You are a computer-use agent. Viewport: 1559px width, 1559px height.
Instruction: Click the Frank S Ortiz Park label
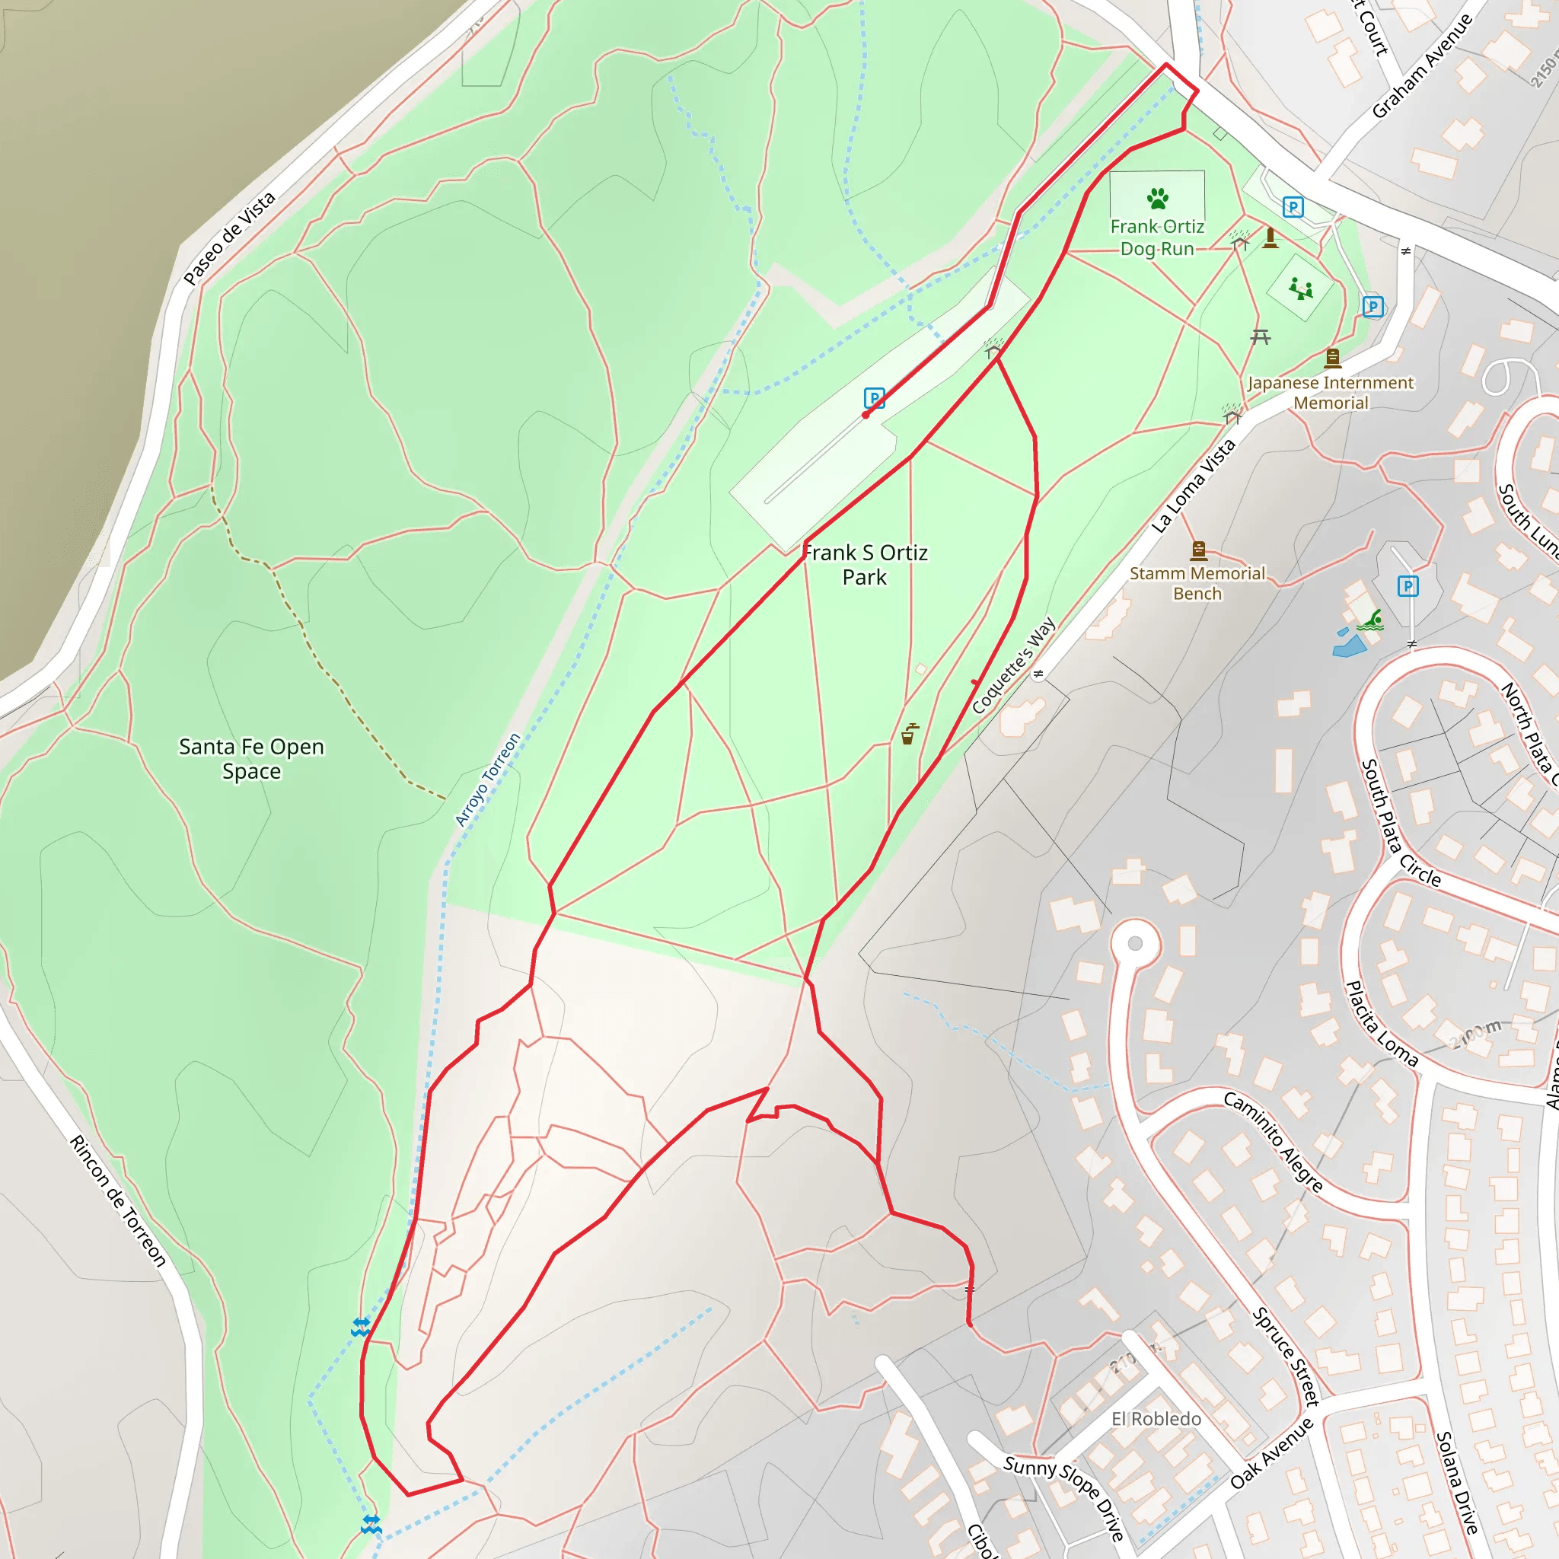864,565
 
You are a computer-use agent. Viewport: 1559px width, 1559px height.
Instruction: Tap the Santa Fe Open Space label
251,758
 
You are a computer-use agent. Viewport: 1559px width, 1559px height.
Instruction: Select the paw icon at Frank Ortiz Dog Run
1157,198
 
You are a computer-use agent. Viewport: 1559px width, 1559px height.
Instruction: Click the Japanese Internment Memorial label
1331,393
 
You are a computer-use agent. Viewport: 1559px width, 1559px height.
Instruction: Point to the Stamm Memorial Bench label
1197,583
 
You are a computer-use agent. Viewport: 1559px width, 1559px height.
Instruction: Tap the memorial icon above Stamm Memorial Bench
1198,551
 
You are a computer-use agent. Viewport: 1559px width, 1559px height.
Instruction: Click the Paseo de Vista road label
229,238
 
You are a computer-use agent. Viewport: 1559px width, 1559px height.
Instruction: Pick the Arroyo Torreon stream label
487,779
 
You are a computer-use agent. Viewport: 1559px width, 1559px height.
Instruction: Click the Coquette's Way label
1012,666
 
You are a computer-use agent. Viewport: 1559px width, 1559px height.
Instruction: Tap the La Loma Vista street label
1193,486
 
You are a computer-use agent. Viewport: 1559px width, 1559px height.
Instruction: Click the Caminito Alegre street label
1274,1142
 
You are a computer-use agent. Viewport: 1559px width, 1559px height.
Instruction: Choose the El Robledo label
1156,1419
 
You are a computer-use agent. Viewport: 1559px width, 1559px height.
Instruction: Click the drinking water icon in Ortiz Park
909,734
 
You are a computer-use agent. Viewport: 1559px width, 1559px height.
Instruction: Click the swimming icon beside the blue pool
1370,620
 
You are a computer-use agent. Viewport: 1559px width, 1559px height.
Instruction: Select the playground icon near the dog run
1300,288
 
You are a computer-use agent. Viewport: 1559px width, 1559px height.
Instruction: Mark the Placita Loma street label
1381,1023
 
